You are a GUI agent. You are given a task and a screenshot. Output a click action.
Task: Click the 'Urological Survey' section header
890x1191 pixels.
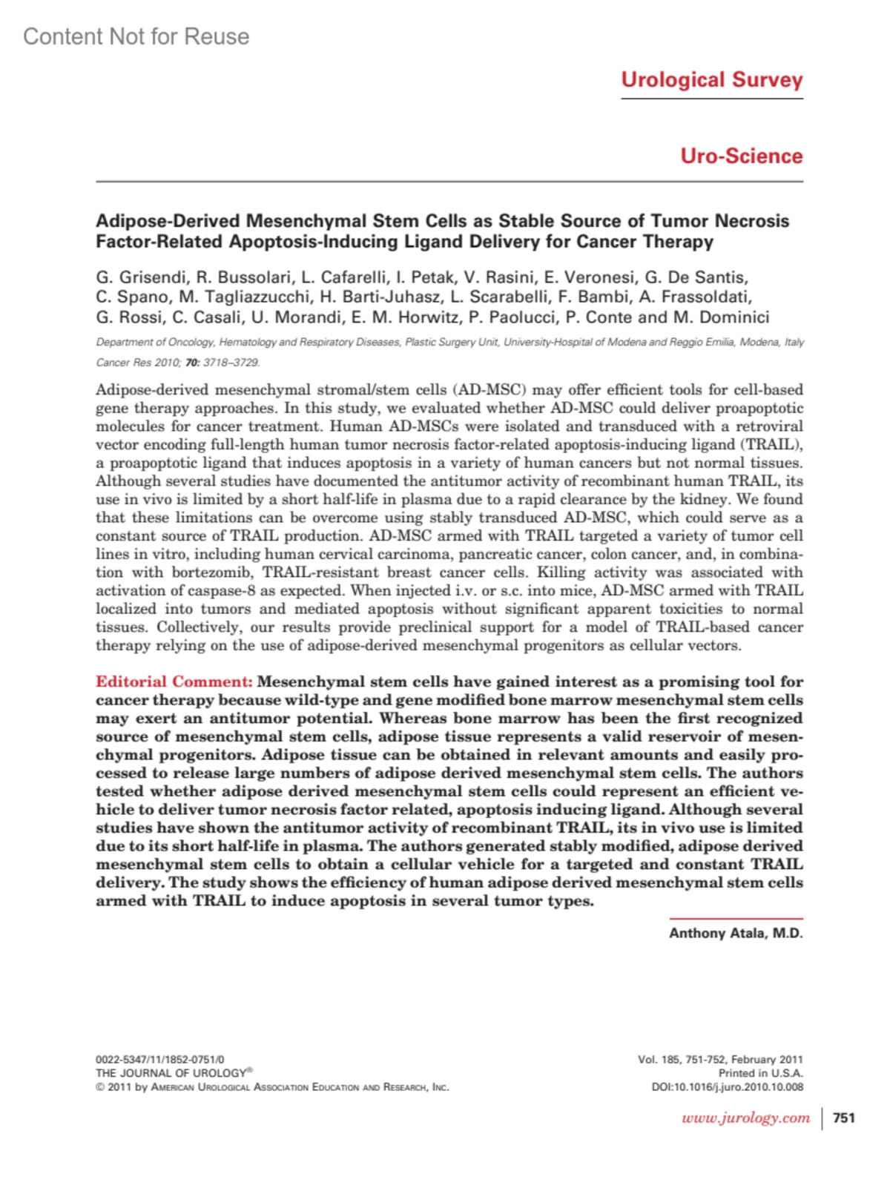pos(711,80)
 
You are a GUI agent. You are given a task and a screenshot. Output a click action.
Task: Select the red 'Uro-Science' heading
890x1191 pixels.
pos(741,156)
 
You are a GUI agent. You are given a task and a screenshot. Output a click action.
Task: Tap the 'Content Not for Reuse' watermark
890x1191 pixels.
pos(136,36)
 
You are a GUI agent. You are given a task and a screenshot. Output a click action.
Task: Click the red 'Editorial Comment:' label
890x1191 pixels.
pos(174,682)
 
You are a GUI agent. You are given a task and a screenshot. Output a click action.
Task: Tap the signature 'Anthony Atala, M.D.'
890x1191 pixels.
pos(735,933)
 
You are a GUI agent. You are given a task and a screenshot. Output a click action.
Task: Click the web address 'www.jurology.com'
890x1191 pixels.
pos(745,1118)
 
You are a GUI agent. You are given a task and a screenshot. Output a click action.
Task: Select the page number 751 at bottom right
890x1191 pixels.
pos(844,1118)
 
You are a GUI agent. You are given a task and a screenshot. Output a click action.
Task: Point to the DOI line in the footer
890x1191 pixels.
pos(727,1087)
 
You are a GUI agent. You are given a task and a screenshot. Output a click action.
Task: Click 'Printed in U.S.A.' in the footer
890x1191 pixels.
pos(760,1073)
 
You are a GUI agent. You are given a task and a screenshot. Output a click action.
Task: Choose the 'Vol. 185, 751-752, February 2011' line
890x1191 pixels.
pos(719,1059)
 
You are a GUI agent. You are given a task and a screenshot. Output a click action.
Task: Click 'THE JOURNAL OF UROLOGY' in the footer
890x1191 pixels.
pos(171,1073)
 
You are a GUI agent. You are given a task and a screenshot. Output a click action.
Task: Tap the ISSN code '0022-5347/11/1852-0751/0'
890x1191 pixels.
pos(159,1059)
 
